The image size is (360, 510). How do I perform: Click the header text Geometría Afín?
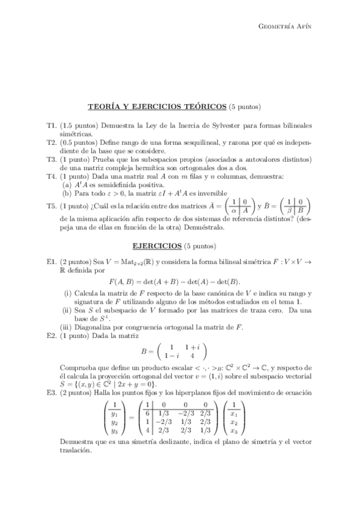[x=285, y=26]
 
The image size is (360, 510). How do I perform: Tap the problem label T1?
[x=51, y=124]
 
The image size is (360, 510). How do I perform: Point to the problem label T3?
[x=51, y=159]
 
